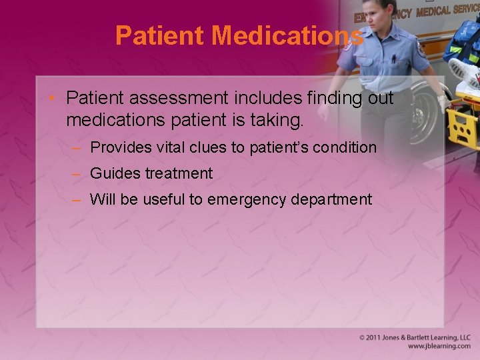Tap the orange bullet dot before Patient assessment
point(55,98)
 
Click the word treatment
point(177,173)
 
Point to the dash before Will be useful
point(77,199)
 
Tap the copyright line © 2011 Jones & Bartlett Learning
point(414,337)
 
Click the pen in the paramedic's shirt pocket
point(394,59)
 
